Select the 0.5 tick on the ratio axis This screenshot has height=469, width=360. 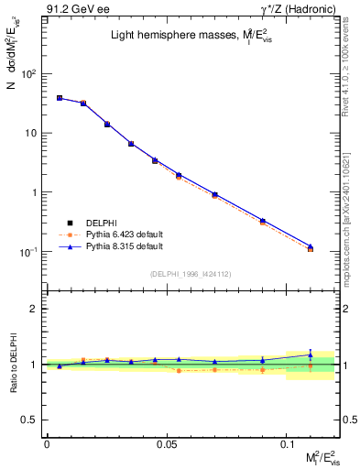[33, 420]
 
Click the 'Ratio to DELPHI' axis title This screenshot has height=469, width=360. [13, 364]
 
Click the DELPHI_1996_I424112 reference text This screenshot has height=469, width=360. [191, 273]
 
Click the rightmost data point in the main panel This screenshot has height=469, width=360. [310, 248]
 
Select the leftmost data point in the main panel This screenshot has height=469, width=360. [59, 97]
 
